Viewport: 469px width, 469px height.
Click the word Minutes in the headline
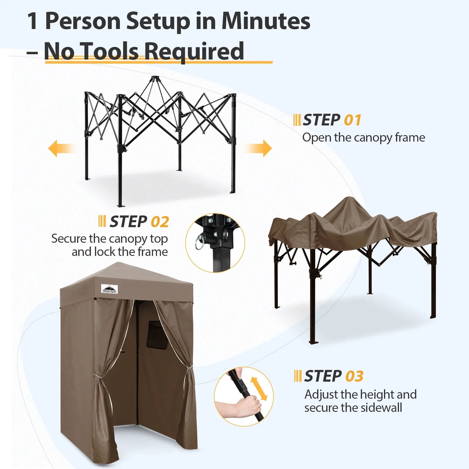pos(266,21)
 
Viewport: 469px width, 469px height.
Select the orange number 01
pos(352,120)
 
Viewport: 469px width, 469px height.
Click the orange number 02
pos(160,222)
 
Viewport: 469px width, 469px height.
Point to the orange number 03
pos(354,376)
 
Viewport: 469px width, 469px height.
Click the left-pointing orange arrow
pos(61,148)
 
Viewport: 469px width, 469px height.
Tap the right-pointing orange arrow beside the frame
pos(258,148)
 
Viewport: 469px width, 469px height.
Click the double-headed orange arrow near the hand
pos(259,388)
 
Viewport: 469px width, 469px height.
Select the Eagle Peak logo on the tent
pos(109,289)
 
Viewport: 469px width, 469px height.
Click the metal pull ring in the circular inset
pos(199,242)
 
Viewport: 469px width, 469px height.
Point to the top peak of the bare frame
pos(153,78)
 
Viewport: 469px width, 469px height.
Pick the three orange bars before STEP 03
pos(298,376)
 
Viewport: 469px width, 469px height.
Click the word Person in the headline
pos(83,21)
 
